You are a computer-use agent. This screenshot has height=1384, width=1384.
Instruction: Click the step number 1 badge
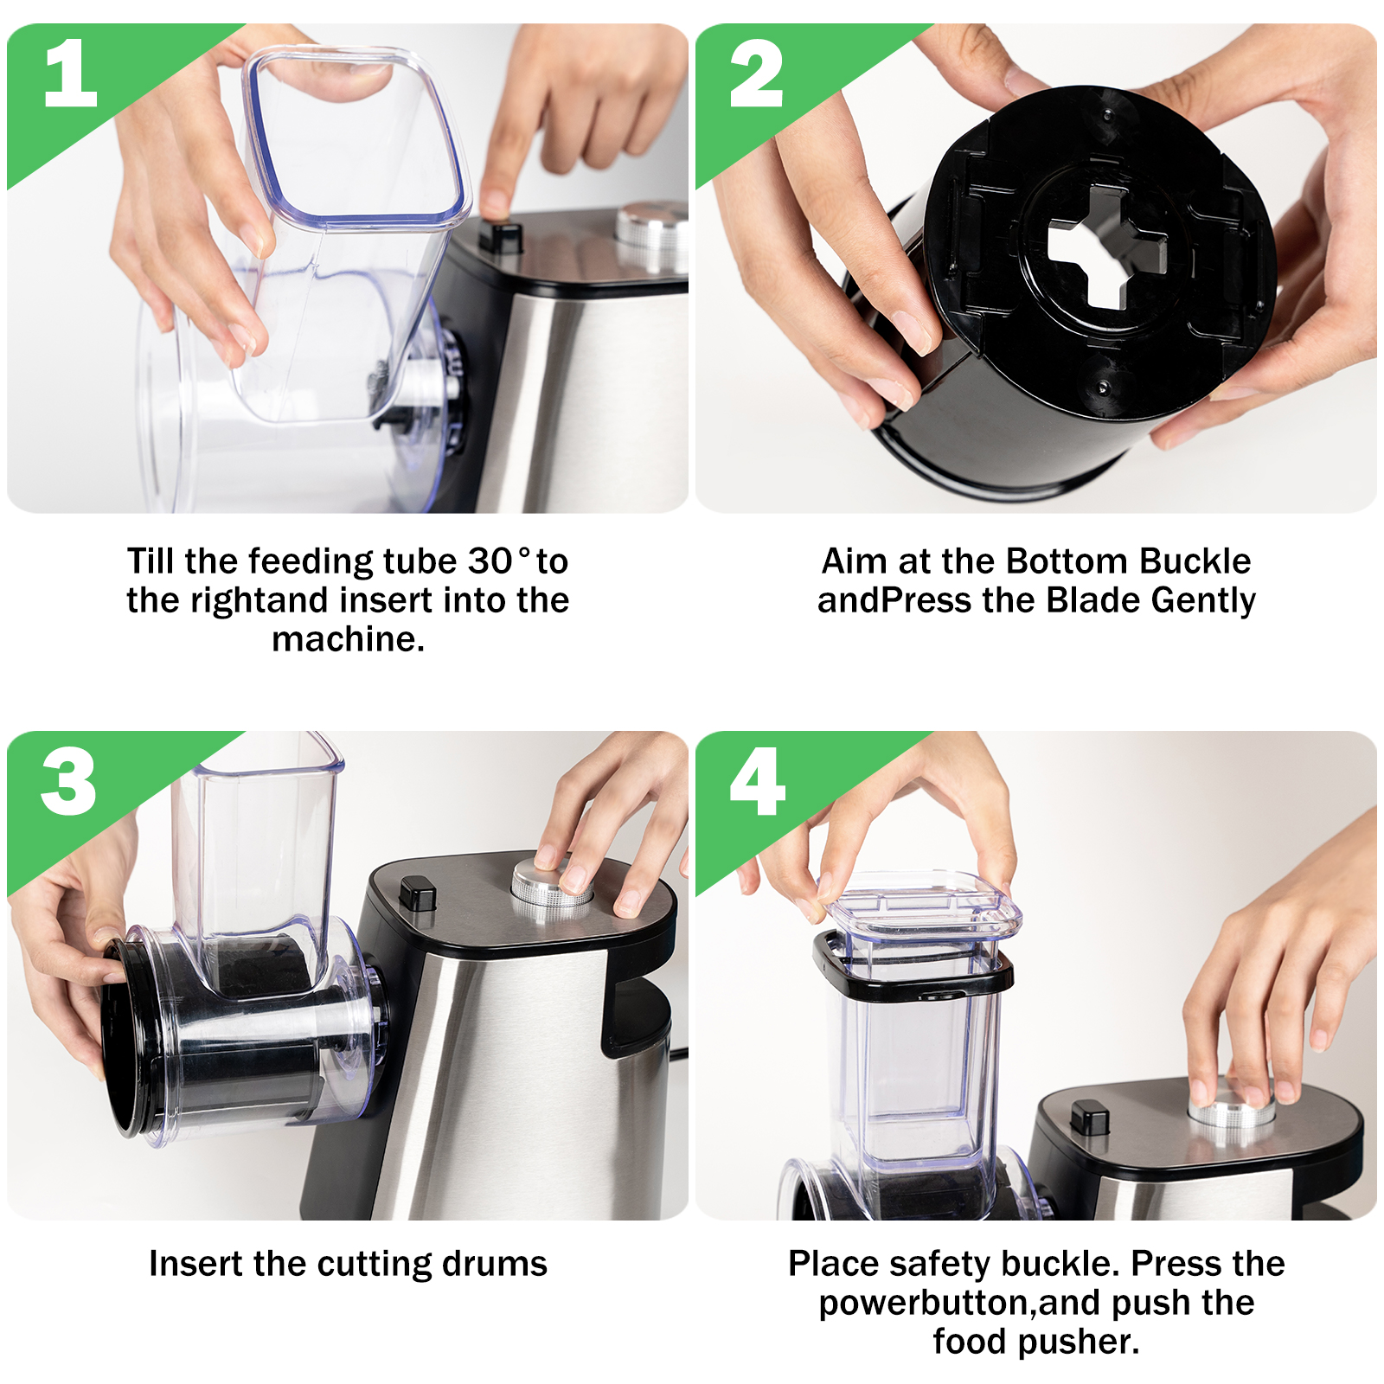pyautogui.click(x=69, y=74)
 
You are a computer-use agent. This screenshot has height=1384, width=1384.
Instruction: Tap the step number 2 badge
pyautogui.click(x=756, y=74)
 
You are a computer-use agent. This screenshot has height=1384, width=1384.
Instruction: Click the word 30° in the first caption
pyautogui.click(x=498, y=561)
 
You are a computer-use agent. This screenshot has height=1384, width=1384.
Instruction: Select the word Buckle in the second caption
pyautogui.click(x=1195, y=561)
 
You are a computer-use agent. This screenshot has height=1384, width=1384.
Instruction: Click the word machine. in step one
pyautogui.click(x=348, y=639)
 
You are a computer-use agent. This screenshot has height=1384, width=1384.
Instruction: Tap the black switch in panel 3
pyautogui.click(x=418, y=893)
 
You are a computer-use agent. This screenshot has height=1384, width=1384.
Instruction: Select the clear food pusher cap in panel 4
pyautogui.click(x=922, y=909)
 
